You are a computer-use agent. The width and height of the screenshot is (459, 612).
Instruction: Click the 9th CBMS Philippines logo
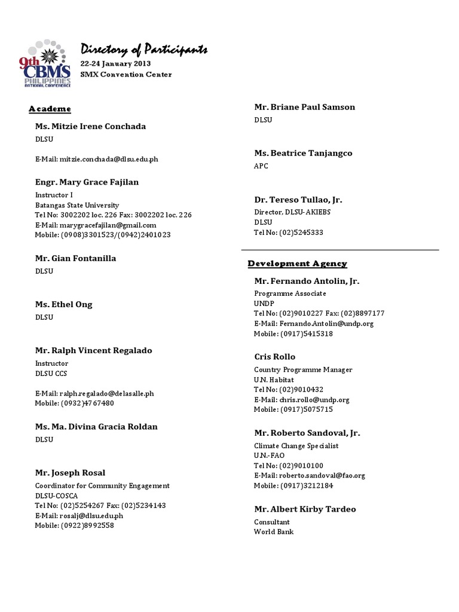[47, 65]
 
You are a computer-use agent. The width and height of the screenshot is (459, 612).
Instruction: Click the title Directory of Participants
[144, 50]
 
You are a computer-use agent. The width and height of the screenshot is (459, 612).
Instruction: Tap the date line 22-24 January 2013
[116, 63]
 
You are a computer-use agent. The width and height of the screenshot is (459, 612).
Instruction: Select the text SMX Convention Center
[126, 75]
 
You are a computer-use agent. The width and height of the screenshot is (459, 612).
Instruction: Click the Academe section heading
[50, 109]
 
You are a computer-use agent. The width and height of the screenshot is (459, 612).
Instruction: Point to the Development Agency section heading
[297, 264]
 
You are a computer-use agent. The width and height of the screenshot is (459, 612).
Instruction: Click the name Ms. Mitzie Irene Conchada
[90, 127]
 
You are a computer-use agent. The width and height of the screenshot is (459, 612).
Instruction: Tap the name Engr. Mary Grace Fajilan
[87, 182]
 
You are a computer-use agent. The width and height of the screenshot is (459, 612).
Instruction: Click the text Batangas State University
[77, 205]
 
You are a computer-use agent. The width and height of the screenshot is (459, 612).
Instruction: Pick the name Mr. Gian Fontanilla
[75, 259]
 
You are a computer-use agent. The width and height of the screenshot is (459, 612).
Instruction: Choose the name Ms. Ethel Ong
[63, 305]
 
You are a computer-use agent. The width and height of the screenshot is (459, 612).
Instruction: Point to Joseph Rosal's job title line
[102, 486]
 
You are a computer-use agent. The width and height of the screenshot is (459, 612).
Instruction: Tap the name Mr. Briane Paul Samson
[304, 107]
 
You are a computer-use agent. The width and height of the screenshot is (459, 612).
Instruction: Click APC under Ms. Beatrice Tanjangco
[261, 166]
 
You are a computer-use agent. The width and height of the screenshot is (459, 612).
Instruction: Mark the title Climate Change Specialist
[296, 446]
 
